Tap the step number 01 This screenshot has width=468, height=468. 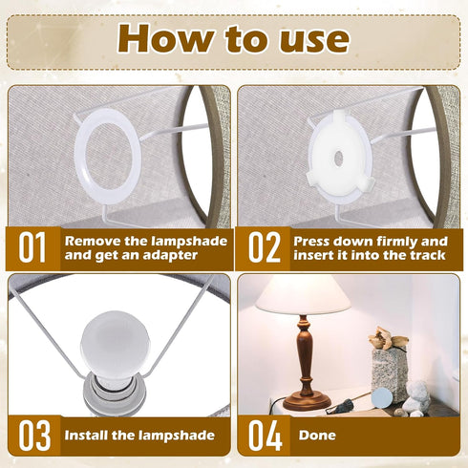pyautogui.click(x=32, y=247)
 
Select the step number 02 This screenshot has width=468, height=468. pyautogui.click(x=265, y=247)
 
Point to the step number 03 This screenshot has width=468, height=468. pyautogui.click(x=34, y=436)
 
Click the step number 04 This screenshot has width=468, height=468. pyautogui.click(x=265, y=436)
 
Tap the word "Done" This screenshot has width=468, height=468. pyautogui.click(x=317, y=436)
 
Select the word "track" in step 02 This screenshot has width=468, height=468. pyautogui.click(x=427, y=255)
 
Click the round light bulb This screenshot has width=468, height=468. pyautogui.click(x=115, y=347)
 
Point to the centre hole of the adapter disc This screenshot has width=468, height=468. pyautogui.click(x=338, y=157)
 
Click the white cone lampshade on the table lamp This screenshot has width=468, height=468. pyautogui.click(x=303, y=294)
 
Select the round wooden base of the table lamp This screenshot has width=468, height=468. pyautogui.click(x=307, y=402)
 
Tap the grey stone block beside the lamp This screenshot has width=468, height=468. pyautogui.click(x=390, y=375)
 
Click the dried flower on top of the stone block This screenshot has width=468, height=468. pyautogui.click(x=387, y=339)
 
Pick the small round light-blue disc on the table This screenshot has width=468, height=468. pyautogui.click(x=382, y=397)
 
